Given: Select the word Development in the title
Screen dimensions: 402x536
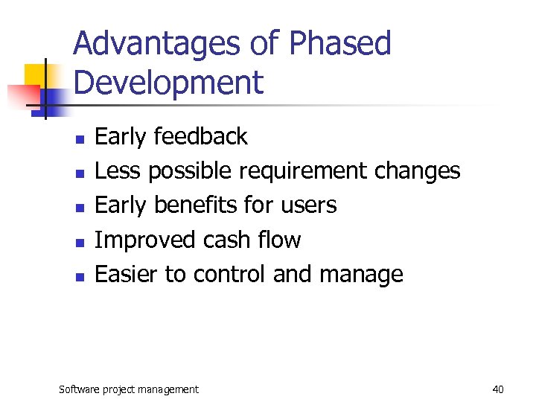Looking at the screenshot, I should click(169, 83).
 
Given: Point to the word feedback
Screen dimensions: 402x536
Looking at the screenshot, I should click(200, 136).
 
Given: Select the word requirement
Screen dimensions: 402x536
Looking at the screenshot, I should click(302, 172).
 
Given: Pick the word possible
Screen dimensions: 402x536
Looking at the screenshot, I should click(189, 172).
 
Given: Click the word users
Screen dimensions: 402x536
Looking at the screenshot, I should click(308, 205).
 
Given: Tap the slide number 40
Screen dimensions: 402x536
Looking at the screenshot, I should click(498, 389).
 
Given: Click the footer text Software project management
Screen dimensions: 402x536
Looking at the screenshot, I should click(129, 389).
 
